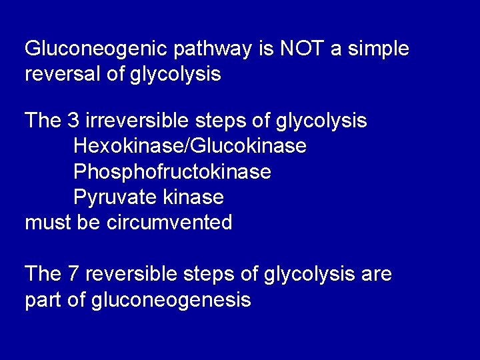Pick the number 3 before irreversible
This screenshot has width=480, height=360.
tap(73, 121)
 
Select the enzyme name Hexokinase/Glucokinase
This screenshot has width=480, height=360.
tap(189, 146)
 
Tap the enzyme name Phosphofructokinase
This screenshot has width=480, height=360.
tap(172, 171)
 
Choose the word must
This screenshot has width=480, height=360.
tap(47, 223)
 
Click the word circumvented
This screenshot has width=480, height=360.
tap(169, 223)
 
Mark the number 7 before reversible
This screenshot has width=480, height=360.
tap(73, 273)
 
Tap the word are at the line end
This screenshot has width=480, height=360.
tap(377, 274)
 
